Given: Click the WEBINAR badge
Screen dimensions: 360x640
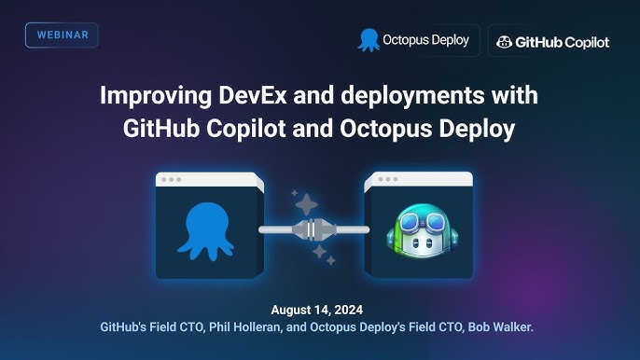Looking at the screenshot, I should tap(62, 35).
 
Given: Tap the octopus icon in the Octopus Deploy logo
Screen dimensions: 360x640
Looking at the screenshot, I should tap(369, 40).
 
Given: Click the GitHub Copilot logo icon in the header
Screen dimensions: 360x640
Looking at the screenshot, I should tap(504, 42).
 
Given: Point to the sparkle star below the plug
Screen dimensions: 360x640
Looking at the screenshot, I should tap(318, 253).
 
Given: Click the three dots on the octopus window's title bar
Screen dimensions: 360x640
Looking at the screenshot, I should tap(171, 179).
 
